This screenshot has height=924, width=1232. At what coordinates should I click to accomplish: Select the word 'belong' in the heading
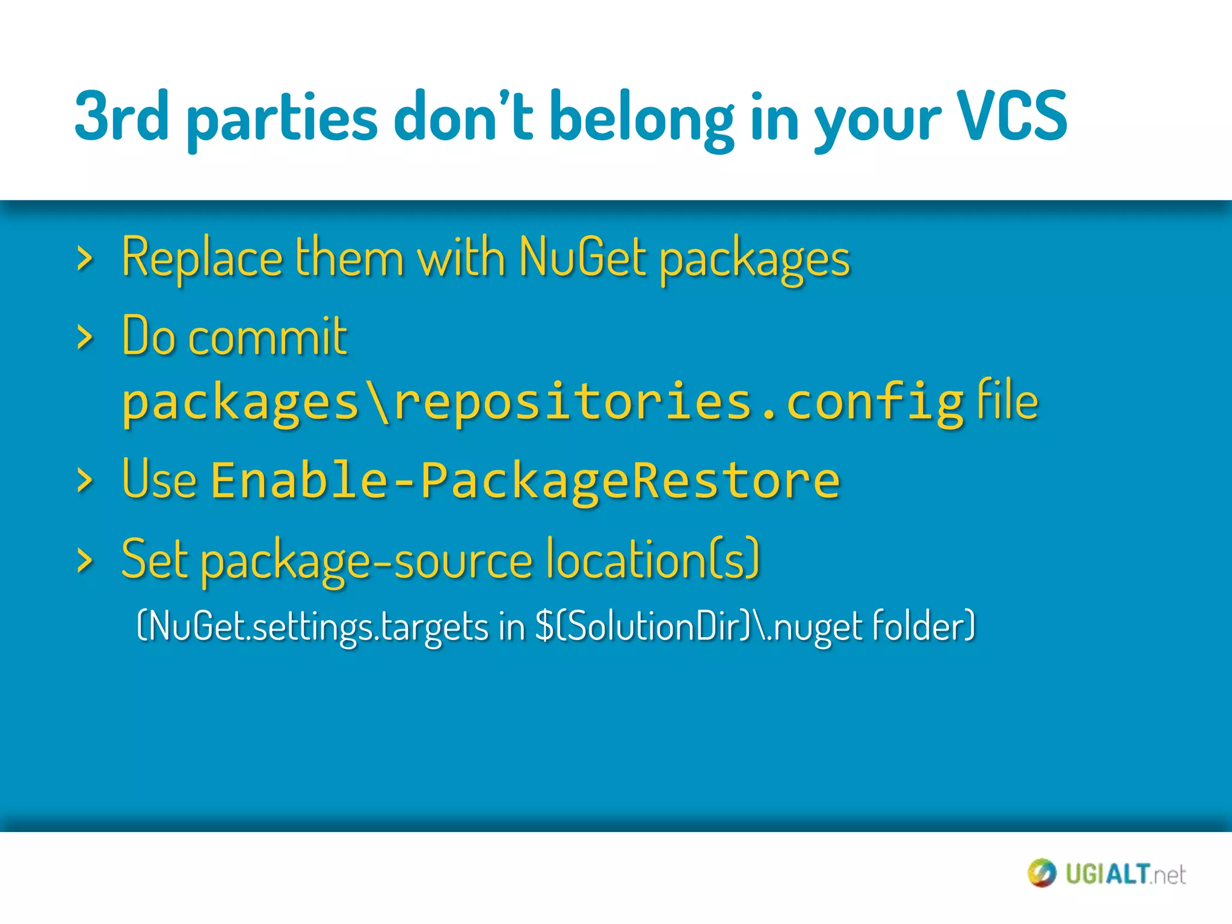point(641,118)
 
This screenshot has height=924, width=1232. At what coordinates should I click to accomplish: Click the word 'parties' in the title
point(282,118)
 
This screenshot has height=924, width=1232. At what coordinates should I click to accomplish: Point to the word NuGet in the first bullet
point(582,257)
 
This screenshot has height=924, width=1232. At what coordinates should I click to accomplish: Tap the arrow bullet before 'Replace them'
point(85,259)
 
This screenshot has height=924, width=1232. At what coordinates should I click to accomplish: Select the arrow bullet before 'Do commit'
point(85,337)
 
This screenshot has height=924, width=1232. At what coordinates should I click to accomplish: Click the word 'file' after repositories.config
point(1007,399)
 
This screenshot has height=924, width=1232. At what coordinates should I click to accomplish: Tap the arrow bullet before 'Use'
point(85,481)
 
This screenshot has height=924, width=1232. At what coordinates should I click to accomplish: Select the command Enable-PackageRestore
point(525,480)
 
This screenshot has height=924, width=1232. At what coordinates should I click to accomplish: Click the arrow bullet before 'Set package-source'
point(85,560)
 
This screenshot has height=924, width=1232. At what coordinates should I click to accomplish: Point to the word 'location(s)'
point(653,559)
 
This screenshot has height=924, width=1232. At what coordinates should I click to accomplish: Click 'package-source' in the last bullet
point(366,561)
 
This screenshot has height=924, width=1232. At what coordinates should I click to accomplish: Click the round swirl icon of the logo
point(1041,873)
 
